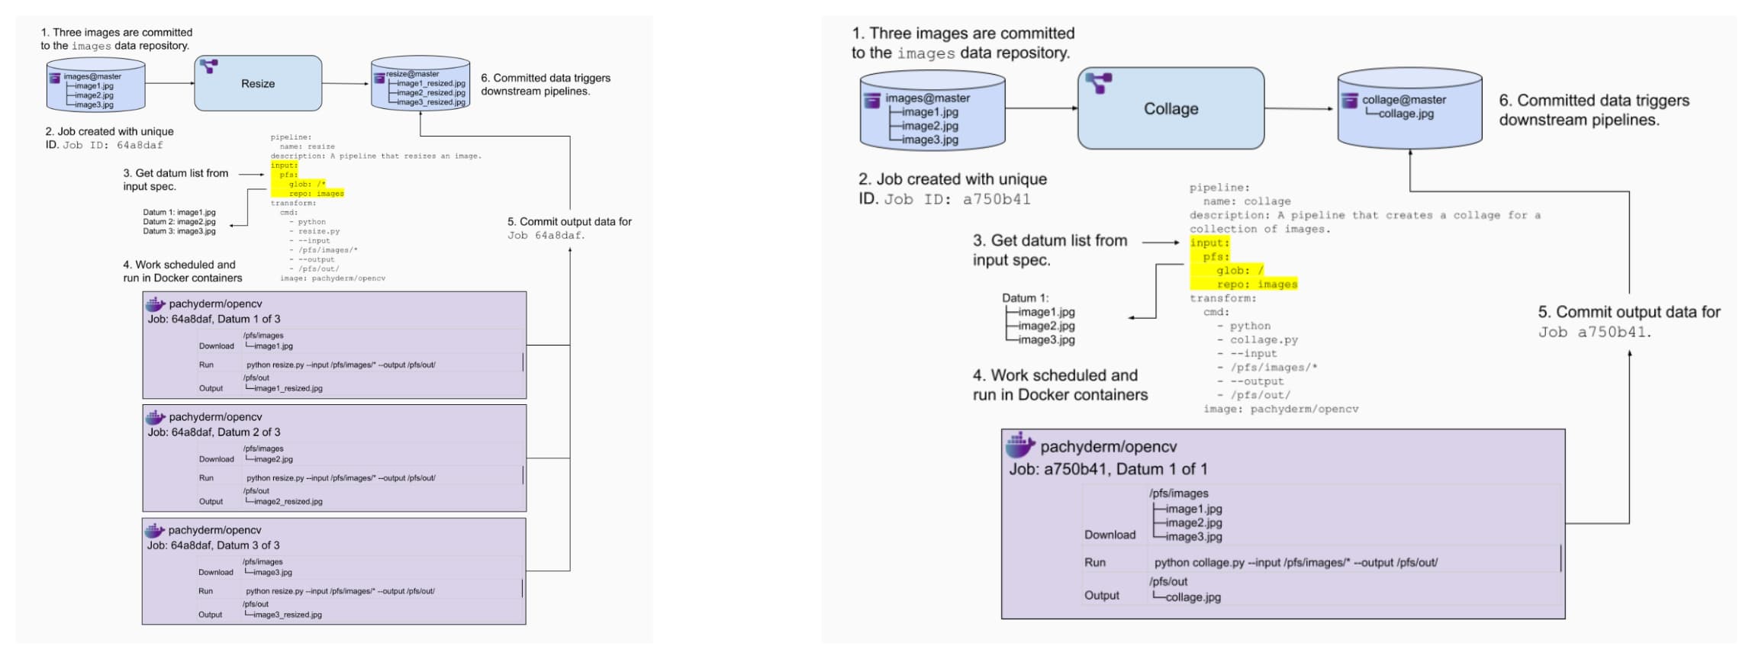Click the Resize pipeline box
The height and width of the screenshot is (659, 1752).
[x=258, y=83]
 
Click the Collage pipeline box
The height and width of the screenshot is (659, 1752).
[x=1171, y=108]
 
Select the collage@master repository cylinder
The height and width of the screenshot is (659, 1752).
[x=1409, y=108]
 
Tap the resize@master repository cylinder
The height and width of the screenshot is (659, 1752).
[x=420, y=83]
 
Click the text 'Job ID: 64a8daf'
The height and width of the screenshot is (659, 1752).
[x=113, y=145]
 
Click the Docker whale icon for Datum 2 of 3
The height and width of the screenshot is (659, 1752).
[x=156, y=417]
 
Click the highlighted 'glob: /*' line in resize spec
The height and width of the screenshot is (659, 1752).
[x=307, y=184]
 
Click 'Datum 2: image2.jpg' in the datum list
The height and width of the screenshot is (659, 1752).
[x=179, y=222]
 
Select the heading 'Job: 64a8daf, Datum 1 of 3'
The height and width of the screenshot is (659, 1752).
[x=214, y=319]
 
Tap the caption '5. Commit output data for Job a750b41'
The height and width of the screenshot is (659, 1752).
[x=1628, y=322]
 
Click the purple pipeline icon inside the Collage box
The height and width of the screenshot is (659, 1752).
[x=1099, y=82]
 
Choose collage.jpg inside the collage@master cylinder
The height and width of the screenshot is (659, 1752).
[x=1406, y=114]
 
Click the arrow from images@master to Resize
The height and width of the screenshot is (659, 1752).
[x=169, y=83]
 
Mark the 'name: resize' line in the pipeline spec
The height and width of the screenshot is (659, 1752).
[x=307, y=146]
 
